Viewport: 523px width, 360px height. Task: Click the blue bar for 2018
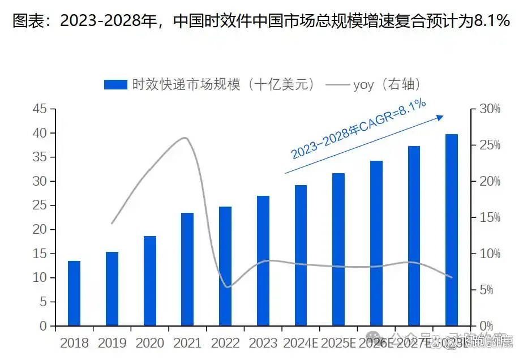(x=74, y=293)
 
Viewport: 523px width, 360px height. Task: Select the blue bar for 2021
(x=187, y=269)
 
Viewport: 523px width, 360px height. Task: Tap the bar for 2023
(x=263, y=261)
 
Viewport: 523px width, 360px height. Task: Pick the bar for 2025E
(x=338, y=249)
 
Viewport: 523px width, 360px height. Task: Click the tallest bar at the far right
(x=451, y=230)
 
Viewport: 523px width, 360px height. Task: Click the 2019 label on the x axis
(x=112, y=342)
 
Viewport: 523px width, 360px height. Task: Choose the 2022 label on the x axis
(x=225, y=342)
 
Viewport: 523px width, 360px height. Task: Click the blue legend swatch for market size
(x=115, y=85)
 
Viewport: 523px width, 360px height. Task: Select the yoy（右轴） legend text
(x=387, y=85)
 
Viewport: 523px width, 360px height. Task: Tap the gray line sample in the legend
(x=337, y=85)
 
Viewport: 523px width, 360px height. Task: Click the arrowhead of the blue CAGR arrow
(x=440, y=117)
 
